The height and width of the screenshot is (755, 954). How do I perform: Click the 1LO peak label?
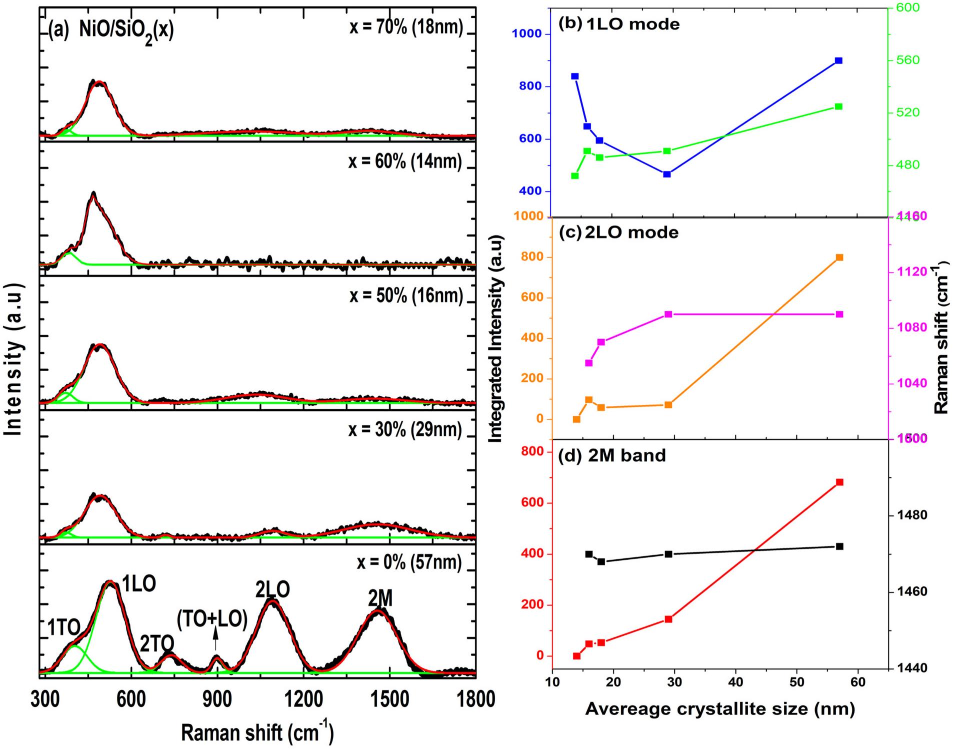(139, 584)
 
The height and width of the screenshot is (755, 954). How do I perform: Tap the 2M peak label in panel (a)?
(380, 598)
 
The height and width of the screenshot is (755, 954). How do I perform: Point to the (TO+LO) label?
(212, 619)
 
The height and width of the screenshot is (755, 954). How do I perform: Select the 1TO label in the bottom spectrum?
(63, 627)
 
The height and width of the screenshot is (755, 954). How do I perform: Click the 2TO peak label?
(156, 644)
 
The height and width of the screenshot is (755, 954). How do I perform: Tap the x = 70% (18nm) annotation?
(405, 27)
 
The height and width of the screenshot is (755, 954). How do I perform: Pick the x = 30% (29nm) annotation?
(405, 430)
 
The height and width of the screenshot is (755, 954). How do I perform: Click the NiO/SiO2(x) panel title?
(126, 31)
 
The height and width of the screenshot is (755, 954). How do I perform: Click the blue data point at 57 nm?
(838, 61)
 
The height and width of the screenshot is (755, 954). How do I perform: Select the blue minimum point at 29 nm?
(666, 174)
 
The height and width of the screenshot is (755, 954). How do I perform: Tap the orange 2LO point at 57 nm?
(839, 257)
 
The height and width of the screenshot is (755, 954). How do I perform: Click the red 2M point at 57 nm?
(839, 482)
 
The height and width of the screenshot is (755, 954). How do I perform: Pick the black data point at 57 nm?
(839, 546)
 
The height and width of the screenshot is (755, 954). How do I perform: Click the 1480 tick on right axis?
(913, 515)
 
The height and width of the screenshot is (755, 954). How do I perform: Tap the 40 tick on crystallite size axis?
(735, 683)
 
